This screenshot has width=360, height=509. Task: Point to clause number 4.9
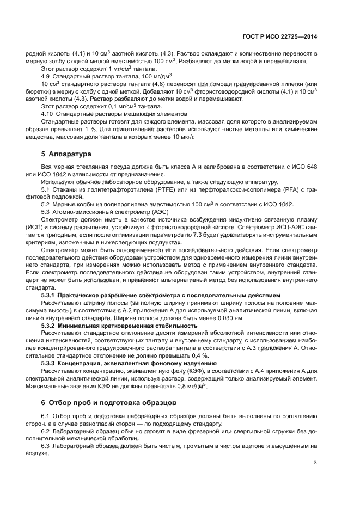coord(47,77)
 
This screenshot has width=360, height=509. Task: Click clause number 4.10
coord(48,114)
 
